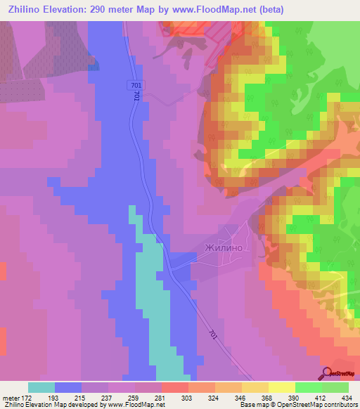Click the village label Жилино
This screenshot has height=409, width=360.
point(223,247)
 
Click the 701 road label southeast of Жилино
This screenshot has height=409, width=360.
point(213,336)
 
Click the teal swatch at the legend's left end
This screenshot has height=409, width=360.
point(41,387)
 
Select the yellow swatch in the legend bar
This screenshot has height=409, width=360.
point(281,387)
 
